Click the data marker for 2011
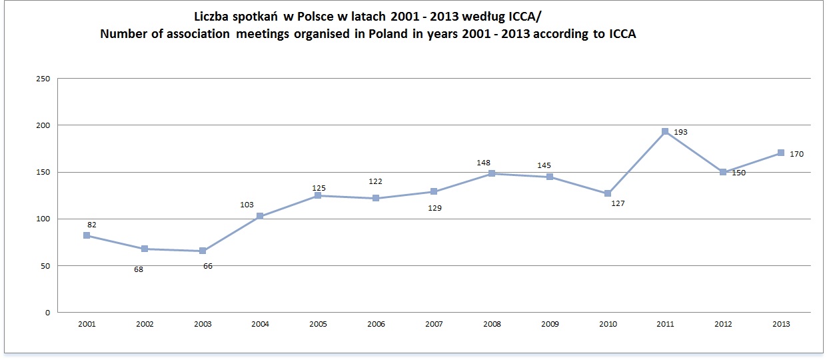pos(665,131)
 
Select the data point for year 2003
pos(203,251)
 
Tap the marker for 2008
pos(492,173)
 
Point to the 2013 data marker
pos(780,153)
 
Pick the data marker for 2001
pos(87,235)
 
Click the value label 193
pos(680,132)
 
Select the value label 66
pos(208,266)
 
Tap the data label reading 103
pos(247,205)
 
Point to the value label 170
pos(796,154)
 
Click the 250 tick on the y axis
pos(44,79)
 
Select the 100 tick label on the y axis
pos(44,219)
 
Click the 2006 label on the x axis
pos(376,324)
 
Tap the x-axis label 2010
pos(607,324)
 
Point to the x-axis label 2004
pos(261,324)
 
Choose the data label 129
pos(434,207)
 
